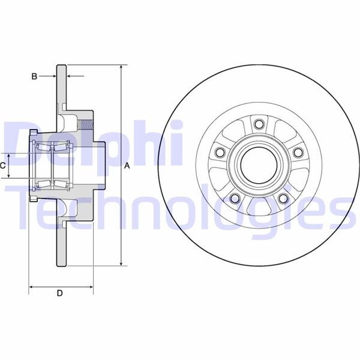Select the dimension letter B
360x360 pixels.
point(34,76)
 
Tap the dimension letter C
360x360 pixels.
point(3,164)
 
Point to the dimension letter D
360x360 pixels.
point(59,293)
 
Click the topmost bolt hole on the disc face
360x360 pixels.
point(259,124)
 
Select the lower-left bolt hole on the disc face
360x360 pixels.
point(235,198)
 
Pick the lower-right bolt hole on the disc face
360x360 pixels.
point(282,198)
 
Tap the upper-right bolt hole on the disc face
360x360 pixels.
point(297,152)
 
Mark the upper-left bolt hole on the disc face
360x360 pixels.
point(220,152)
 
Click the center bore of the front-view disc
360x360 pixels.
point(259,164)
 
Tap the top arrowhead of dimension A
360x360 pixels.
point(121,68)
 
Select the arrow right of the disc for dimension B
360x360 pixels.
point(70,76)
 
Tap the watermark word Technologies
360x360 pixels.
point(180,207)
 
